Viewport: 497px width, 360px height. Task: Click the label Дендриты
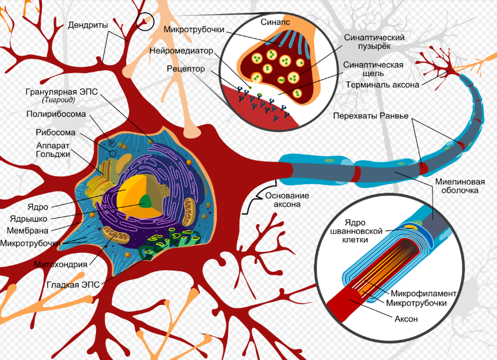[88, 25]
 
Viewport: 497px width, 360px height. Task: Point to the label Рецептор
[185, 69]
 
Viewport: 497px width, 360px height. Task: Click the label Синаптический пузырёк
[374, 41]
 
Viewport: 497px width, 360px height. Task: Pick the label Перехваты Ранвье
[370, 115]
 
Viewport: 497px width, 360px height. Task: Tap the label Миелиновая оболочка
[459, 185]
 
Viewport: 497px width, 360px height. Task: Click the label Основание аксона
[287, 200]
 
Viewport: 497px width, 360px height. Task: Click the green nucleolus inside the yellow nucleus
[145, 201]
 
